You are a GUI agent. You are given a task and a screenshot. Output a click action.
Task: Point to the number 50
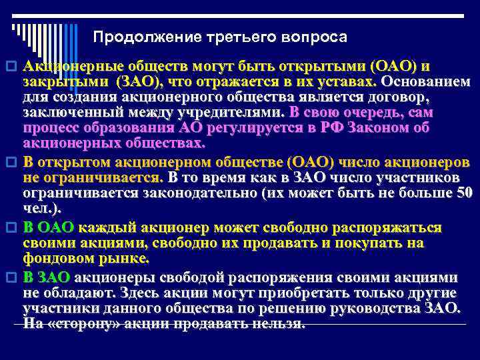[462, 194]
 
